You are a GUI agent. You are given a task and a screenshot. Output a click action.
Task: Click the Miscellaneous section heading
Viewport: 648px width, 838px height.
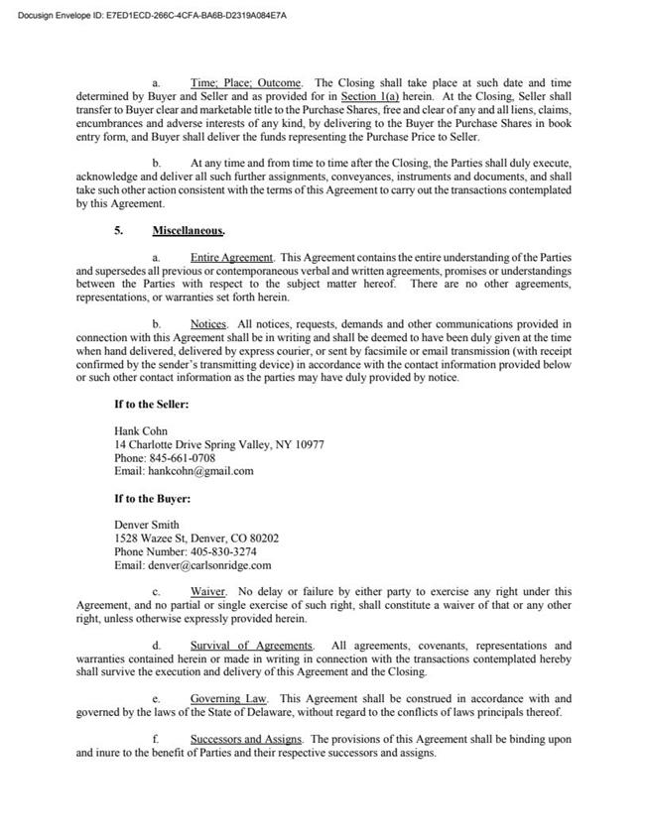188,230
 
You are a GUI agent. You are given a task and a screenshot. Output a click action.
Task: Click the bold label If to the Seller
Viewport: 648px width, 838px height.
152,405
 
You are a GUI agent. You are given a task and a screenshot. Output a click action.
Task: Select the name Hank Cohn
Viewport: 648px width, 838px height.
142,431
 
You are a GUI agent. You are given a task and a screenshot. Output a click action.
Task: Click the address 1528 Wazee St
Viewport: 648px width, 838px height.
155,539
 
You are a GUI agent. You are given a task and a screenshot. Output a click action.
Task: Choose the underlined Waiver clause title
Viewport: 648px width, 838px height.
208,592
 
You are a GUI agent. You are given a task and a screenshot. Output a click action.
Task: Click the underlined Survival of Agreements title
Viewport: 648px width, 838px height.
251,646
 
